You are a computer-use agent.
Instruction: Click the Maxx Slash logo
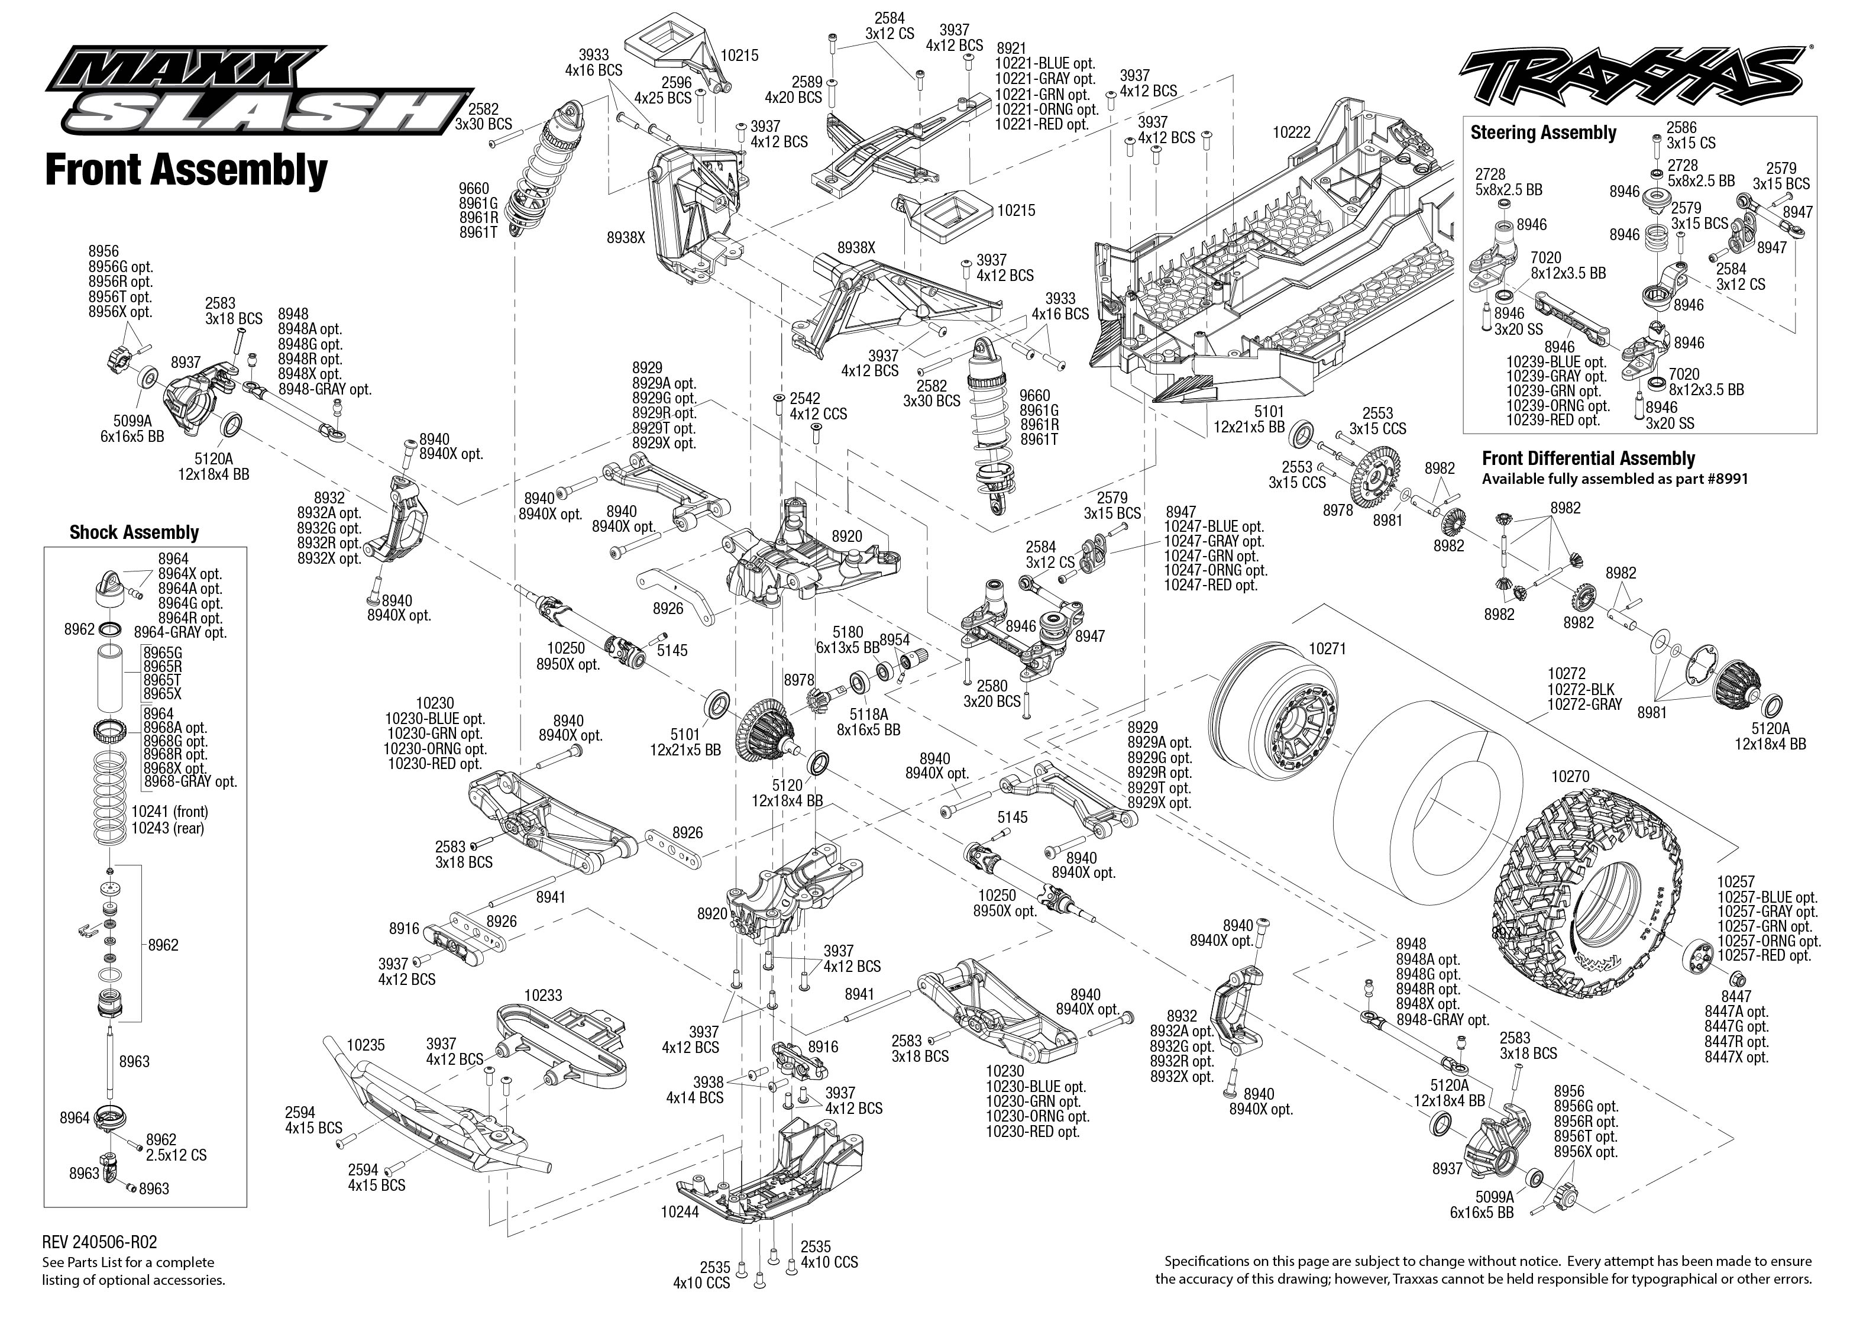(x=259, y=91)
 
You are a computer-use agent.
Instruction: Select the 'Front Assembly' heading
(x=186, y=170)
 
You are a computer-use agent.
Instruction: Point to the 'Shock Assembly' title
(x=134, y=533)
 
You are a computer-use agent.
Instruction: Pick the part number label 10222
(x=1292, y=132)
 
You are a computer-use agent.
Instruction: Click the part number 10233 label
(x=543, y=995)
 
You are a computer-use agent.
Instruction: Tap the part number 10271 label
(x=1327, y=648)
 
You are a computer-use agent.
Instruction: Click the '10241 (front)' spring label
(x=170, y=812)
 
